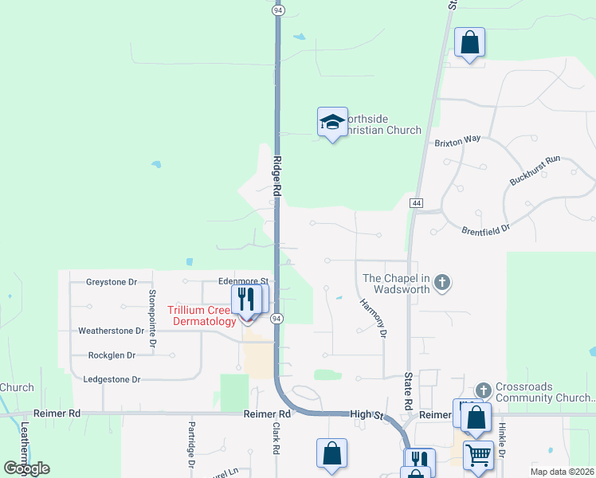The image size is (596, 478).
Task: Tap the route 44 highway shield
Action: pos(416,204)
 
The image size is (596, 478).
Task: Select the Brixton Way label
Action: pos(457,139)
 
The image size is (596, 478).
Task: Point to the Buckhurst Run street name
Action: pos(535,170)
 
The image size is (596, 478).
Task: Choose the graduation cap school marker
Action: pos(332,122)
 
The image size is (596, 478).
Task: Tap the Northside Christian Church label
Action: pos(382,124)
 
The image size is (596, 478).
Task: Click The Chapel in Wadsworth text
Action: pos(397,283)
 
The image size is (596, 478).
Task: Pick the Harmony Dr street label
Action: pos(373,317)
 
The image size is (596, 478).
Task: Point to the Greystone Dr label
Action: pos(112,281)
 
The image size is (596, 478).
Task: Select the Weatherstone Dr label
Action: pos(112,330)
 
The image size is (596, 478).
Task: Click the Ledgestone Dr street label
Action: pos(112,380)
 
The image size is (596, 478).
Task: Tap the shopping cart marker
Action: pos(478,456)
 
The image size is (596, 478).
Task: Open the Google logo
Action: pos(26,468)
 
